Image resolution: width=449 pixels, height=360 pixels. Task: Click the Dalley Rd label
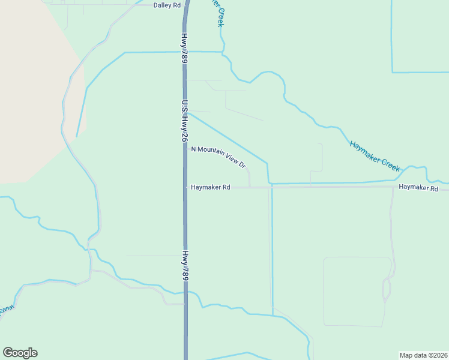(x=167, y=5)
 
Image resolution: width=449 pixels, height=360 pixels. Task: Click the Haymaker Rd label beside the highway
(x=210, y=187)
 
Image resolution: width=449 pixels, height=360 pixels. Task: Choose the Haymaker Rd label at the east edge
(x=418, y=188)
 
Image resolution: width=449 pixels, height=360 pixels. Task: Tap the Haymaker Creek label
(x=375, y=156)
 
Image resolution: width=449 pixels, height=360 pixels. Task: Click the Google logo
(x=20, y=353)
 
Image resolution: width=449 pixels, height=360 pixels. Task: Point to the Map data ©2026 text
(x=423, y=355)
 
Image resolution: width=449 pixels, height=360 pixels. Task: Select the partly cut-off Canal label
(x=6, y=309)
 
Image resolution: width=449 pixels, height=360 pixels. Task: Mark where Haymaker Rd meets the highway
(x=185, y=187)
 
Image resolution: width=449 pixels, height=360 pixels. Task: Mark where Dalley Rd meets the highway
(x=185, y=4)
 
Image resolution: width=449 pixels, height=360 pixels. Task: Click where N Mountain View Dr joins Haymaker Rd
(x=249, y=187)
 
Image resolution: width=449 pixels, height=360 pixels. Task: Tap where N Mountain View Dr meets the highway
(x=186, y=148)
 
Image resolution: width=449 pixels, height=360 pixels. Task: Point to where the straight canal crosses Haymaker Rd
(x=272, y=187)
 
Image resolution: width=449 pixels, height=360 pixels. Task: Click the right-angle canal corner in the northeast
(x=392, y=72)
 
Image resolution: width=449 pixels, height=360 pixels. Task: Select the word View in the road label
(x=231, y=158)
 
